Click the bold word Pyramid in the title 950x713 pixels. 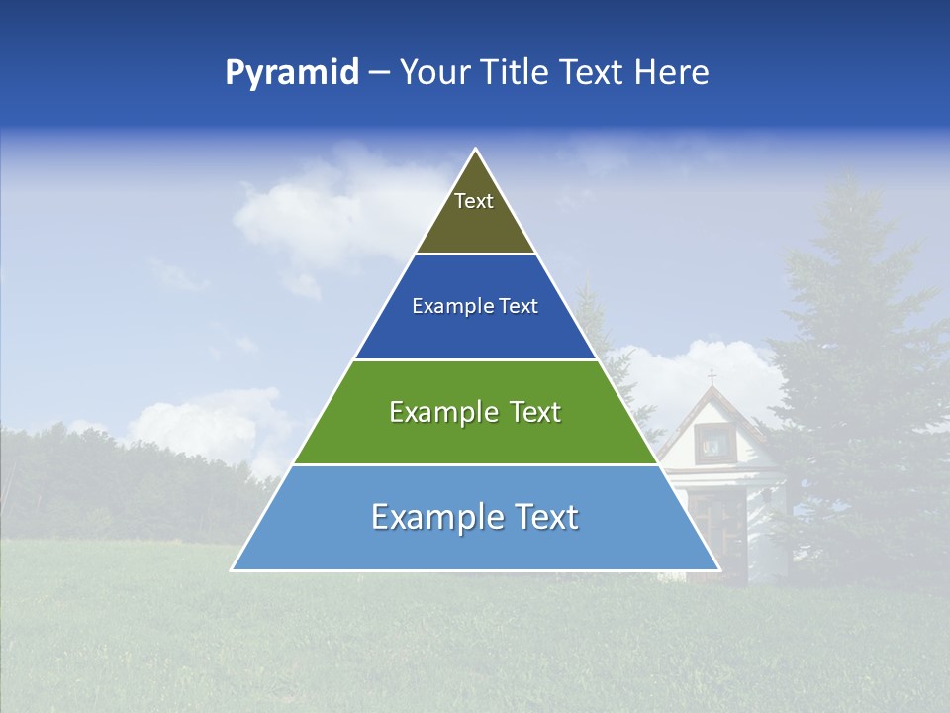pyautogui.click(x=292, y=72)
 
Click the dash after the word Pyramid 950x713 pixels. pyautogui.click(x=379, y=73)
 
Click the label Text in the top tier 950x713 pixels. pyautogui.click(x=474, y=201)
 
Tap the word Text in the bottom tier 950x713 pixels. pyautogui.click(x=543, y=517)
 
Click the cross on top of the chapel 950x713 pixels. pyautogui.click(x=711, y=377)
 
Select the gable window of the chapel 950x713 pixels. pyautogui.click(x=710, y=443)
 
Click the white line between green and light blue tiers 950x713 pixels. pyautogui.click(x=475, y=464)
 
